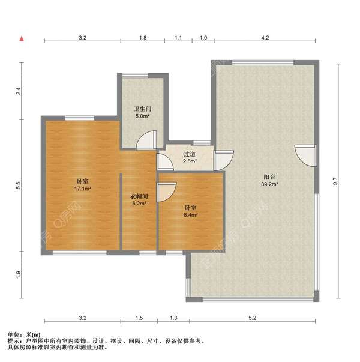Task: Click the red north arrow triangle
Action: click(x=22, y=39)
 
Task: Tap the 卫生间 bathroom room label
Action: click(x=143, y=109)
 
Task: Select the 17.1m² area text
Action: click(x=82, y=189)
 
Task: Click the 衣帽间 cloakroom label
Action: click(x=139, y=196)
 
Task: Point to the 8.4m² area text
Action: click(x=191, y=215)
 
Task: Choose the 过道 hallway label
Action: click(x=190, y=154)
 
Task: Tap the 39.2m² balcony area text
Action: click(x=269, y=184)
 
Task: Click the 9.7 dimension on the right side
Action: click(x=335, y=181)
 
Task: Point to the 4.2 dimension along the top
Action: click(x=265, y=38)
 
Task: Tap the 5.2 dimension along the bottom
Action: click(x=252, y=318)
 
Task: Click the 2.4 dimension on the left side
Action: click(x=18, y=91)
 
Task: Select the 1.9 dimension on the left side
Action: click(x=18, y=274)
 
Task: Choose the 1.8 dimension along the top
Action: click(x=143, y=38)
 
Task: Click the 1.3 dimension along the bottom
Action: click(x=173, y=318)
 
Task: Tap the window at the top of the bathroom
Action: click(x=135, y=76)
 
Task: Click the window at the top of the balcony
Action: click(x=263, y=62)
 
